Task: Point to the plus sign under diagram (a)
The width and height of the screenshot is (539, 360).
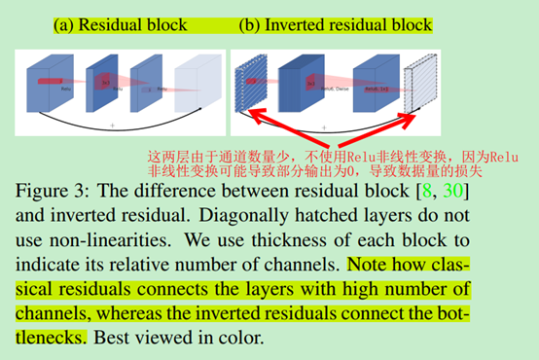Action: (x=114, y=126)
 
